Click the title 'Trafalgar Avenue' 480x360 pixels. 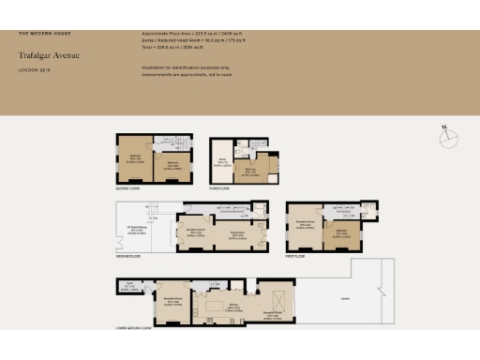(50, 55)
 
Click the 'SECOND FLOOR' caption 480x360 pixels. (128, 187)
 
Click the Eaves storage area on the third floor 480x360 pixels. (223, 163)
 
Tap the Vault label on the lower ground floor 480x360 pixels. (131, 289)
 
